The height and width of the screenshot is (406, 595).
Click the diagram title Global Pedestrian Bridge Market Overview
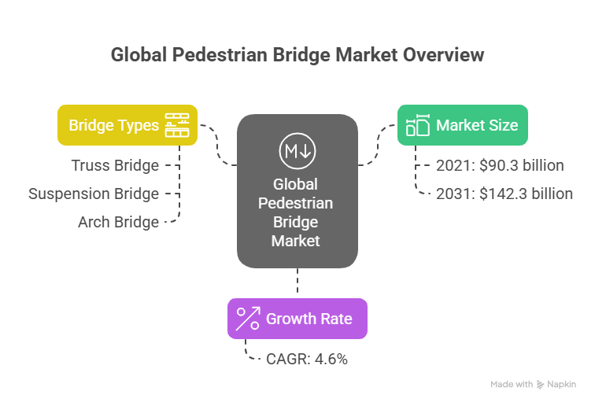coord(297,55)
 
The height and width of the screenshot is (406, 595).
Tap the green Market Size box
coord(461,125)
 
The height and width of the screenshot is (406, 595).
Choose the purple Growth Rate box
coord(297,319)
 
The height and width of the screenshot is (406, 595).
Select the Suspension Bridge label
coord(94,194)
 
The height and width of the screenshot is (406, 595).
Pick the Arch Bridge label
coord(118,222)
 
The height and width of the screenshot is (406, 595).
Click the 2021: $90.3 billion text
coord(500,165)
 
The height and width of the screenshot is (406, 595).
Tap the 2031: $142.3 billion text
coord(504,194)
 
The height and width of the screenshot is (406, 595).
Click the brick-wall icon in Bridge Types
coord(177,125)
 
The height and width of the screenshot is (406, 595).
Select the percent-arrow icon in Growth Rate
coord(249,319)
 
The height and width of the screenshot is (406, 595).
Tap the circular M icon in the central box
coord(297,150)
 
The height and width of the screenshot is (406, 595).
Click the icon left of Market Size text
coord(417,125)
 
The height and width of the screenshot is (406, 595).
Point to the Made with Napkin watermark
coord(534,385)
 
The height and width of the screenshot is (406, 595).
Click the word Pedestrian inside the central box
coord(297,204)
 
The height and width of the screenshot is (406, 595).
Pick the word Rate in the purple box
coord(347,319)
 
